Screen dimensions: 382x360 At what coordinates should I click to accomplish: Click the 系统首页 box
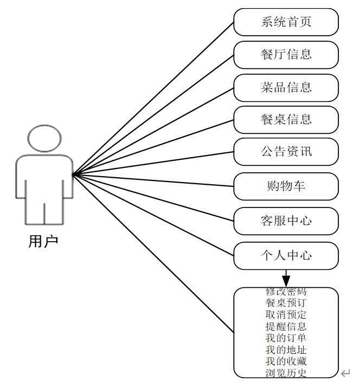[286, 22]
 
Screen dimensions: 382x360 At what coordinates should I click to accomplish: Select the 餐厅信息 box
[286, 55]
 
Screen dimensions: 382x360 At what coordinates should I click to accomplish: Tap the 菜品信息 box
[286, 88]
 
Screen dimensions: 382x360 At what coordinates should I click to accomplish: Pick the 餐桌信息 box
[286, 120]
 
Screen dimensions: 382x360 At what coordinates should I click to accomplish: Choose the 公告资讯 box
[286, 152]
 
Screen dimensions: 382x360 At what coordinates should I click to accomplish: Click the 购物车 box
[286, 186]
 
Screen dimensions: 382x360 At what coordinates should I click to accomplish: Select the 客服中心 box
[286, 221]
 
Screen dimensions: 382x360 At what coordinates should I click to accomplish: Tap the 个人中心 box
[286, 256]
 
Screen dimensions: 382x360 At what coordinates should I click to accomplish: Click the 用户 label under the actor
[43, 242]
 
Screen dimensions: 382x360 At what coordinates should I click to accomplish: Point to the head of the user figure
[44, 138]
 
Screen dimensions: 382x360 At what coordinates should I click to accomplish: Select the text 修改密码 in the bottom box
[286, 292]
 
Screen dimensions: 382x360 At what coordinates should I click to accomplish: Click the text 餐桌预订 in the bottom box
[286, 303]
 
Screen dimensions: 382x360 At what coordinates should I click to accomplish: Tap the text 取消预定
[286, 315]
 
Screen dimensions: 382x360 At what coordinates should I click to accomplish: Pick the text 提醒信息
[286, 326]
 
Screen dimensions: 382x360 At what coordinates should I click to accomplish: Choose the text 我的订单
[286, 338]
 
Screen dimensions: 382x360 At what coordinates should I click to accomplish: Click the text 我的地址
[286, 350]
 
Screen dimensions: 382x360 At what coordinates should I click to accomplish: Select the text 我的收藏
[286, 361]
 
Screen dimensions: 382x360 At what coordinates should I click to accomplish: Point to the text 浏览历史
[286, 373]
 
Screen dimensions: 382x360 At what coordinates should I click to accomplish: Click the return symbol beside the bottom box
[346, 373]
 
